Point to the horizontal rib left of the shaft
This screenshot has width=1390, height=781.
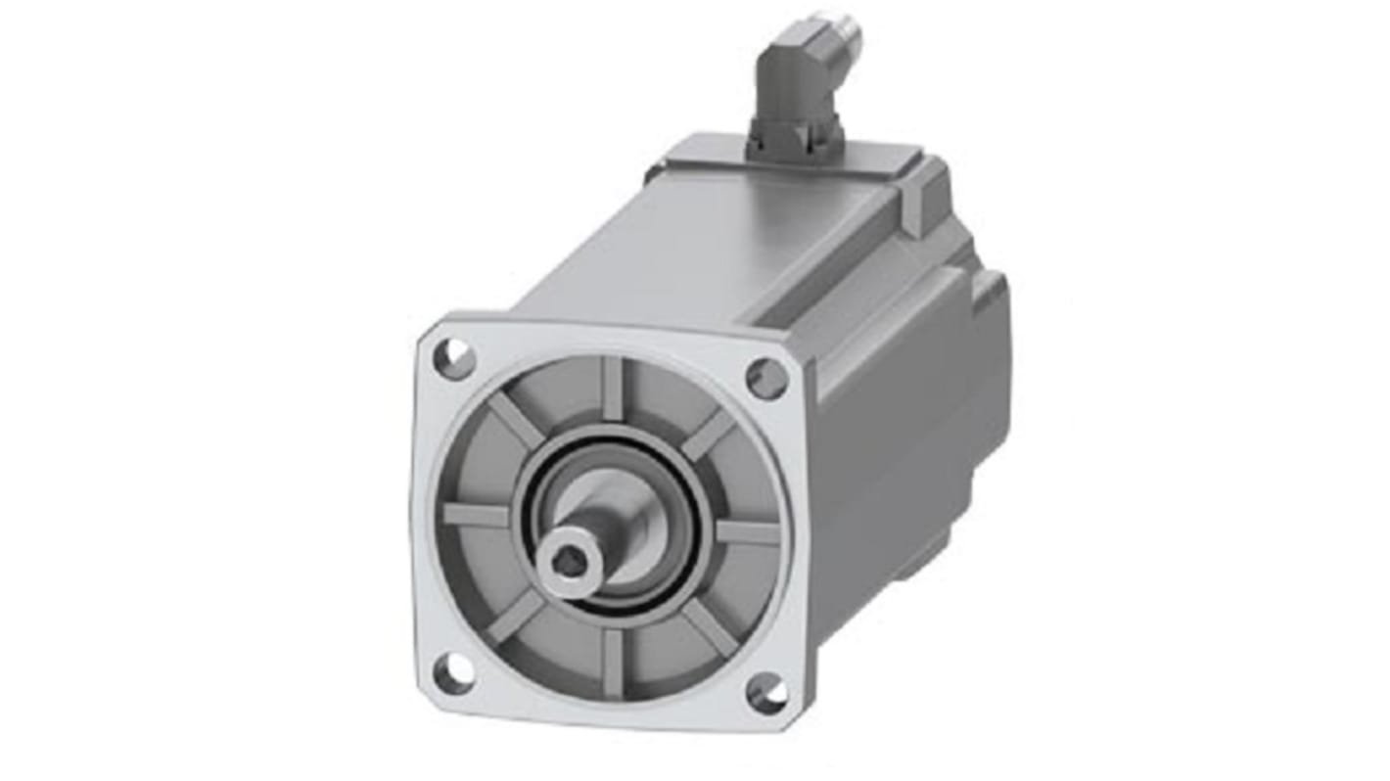477,514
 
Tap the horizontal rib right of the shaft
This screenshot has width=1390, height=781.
747,532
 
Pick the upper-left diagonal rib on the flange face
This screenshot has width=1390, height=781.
516,420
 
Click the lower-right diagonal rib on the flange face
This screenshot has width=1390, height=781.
708,625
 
